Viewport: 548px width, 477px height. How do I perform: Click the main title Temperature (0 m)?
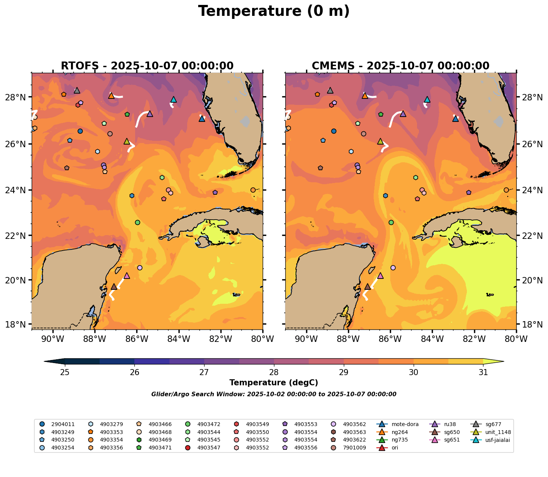click(x=274, y=11)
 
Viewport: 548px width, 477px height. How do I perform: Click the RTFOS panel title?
click(x=147, y=66)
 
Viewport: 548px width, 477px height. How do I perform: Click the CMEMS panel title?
click(x=400, y=66)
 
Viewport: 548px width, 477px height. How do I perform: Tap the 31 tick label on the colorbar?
click(x=483, y=372)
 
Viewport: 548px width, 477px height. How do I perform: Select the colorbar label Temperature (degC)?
click(x=274, y=383)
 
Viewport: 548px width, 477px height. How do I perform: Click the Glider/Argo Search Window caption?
click(x=274, y=394)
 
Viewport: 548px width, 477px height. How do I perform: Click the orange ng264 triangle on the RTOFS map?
click(x=111, y=96)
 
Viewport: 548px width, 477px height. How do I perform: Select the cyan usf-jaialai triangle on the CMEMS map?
click(x=427, y=100)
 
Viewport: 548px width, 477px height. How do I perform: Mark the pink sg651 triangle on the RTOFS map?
click(x=127, y=276)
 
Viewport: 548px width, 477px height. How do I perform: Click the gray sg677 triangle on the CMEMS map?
click(x=330, y=91)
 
